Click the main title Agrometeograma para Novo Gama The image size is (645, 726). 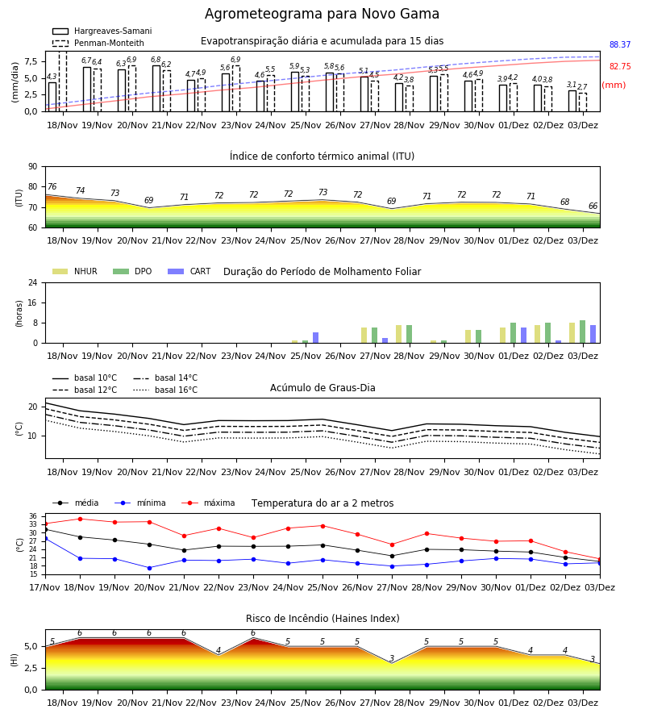coord(322,14)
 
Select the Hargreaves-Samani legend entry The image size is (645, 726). coord(102,31)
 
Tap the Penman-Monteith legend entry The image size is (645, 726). coord(98,43)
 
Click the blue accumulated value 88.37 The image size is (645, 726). coord(620,44)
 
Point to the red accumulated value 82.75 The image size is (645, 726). coord(620,66)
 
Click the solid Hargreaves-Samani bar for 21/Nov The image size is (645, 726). coord(156,89)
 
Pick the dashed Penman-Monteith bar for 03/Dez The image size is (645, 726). coord(583,102)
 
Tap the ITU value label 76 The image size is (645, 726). coord(52,186)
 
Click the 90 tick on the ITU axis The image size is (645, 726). coord(33,167)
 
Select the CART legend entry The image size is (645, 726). coord(189,271)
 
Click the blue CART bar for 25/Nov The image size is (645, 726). coord(315,337)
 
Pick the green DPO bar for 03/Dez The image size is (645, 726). coord(583,332)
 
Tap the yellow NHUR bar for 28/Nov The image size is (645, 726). coord(399,334)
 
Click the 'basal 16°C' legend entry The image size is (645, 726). coord(165,390)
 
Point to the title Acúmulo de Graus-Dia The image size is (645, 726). coord(322,387)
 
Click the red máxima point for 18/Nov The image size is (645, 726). coord(80,519)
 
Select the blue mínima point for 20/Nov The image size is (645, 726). coord(149,568)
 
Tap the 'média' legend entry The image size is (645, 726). coord(76,503)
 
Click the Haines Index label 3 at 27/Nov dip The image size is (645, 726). coord(392,658)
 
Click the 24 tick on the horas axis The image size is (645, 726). coord(33,282)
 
